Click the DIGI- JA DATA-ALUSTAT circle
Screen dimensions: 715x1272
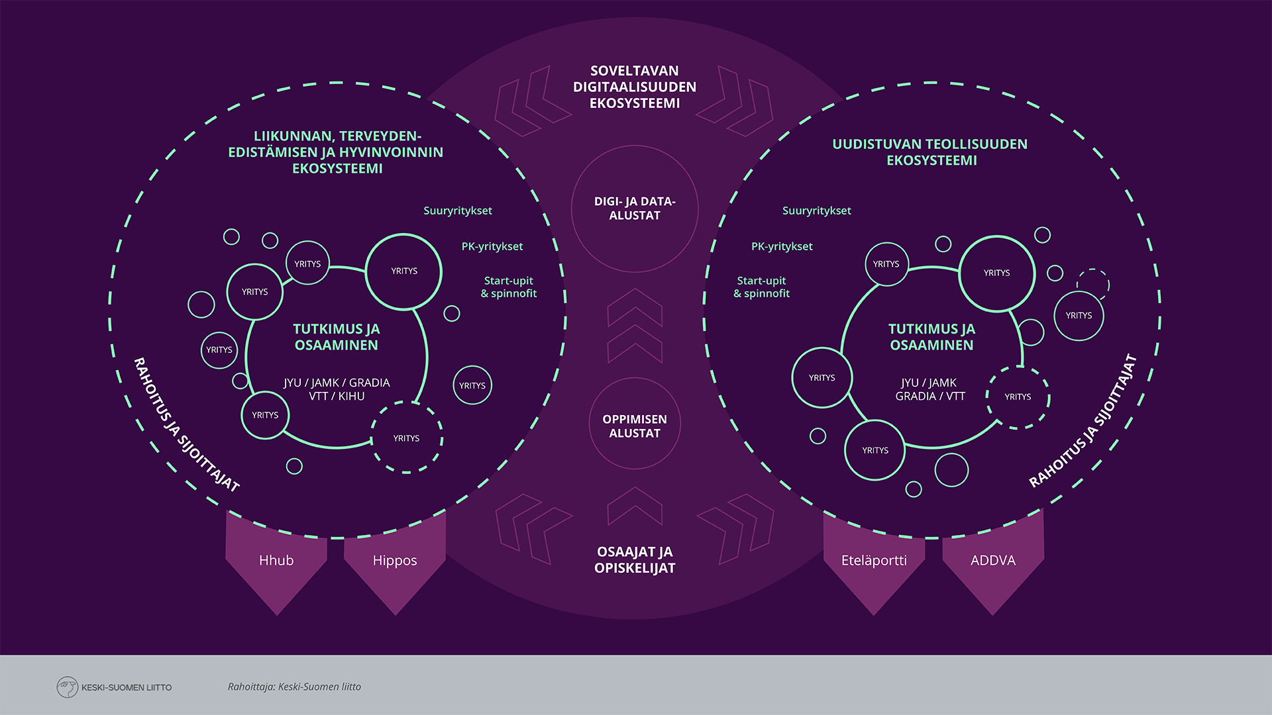(x=635, y=209)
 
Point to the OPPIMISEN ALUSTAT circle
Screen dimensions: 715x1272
(x=635, y=426)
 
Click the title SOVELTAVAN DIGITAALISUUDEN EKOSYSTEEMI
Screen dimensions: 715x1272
(x=635, y=87)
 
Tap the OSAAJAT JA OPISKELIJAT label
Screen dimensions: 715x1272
(x=635, y=560)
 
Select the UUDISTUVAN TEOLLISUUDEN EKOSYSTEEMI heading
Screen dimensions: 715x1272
(x=930, y=152)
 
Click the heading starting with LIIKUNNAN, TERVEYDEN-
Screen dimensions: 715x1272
(x=335, y=152)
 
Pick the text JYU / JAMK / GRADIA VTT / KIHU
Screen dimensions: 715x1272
(x=337, y=389)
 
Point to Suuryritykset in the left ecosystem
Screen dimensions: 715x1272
(x=458, y=211)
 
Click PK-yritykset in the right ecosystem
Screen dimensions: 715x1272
(x=782, y=246)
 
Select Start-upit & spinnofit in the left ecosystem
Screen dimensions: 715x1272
(x=509, y=287)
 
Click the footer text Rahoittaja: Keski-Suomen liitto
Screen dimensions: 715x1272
(x=294, y=687)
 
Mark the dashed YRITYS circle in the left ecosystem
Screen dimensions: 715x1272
(x=407, y=438)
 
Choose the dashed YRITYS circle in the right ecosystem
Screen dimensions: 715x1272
(x=1018, y=397)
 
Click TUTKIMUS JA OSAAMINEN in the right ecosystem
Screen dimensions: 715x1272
(x=931, y=337)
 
